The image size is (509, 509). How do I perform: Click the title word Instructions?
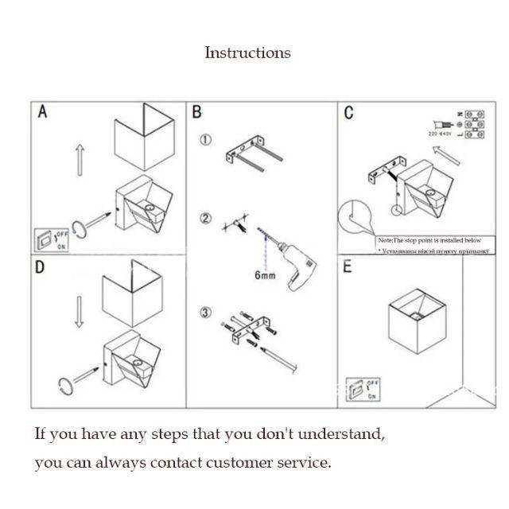click(247, 53)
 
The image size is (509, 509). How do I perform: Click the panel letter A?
click(43, 113)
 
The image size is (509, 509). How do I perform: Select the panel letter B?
click(197, 113)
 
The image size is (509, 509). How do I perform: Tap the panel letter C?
click(348, 113)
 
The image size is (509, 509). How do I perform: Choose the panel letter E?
click(347, 267)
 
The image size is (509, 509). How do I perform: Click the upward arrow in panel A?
click(80, 159)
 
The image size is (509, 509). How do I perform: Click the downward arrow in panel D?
click(79, 312)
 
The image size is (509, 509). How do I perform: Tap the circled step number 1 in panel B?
click(205, 141)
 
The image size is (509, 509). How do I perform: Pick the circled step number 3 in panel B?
click(205, 312)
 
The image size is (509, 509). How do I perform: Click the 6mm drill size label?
click(266, 275)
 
